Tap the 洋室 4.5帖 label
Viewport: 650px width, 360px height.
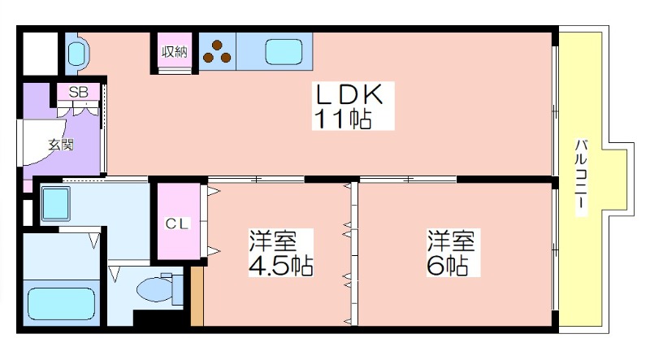(x=280, y=252)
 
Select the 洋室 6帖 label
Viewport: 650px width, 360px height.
(x=453, y=252)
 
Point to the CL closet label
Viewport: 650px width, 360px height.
(x=177, y=224)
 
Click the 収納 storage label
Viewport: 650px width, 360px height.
(x=174, y=52)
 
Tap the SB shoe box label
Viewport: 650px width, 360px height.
(x=78, y=92)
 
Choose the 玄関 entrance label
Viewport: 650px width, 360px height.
(x=61, y=145)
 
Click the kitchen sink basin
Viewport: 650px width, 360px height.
(x=284, y=52)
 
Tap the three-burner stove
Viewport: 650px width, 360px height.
(x=217, y=51)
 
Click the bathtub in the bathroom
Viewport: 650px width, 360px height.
(x=62, y=304)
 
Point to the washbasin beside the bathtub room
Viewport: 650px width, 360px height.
(x=55, y=203)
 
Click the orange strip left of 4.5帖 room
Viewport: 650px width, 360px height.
(x=197, y=296)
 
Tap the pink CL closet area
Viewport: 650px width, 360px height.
(x=178, y=221)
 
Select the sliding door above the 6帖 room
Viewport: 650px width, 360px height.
(x=408, y=180)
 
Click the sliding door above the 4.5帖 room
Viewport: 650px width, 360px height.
(x=256, y=180)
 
